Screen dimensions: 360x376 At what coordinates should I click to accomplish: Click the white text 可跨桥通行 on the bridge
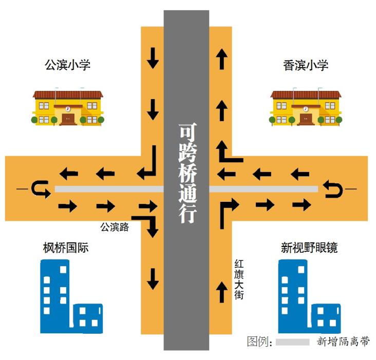186,172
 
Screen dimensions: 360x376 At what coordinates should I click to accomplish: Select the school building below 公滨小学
68,107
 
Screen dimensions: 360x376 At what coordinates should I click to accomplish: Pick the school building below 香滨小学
305,107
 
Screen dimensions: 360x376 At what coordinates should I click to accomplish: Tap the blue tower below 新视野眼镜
294,295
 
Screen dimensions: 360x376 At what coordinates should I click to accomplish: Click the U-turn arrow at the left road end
40,190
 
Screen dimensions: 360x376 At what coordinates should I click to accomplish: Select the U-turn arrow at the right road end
332,190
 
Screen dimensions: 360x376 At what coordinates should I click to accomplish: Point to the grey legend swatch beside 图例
292,342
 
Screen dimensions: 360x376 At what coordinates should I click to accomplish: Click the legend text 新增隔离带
343,342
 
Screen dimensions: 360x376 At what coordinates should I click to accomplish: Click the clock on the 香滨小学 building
305,109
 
